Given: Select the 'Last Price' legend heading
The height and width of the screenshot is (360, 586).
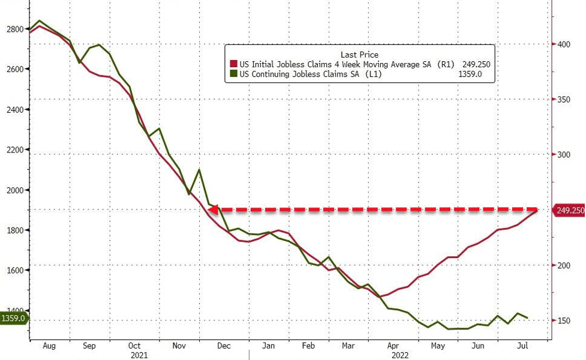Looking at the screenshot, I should tap(359, 55).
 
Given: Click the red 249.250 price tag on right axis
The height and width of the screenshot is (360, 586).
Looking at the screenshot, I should tap(569, 210).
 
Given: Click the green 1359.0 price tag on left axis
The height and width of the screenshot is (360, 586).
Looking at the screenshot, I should tap(13, 318).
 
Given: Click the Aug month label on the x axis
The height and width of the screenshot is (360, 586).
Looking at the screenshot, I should tap(49, 346).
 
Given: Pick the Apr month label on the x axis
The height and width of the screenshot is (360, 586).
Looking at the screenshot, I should tap(393, 346).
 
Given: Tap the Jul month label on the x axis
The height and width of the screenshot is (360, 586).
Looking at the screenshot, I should tap(522, 346).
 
